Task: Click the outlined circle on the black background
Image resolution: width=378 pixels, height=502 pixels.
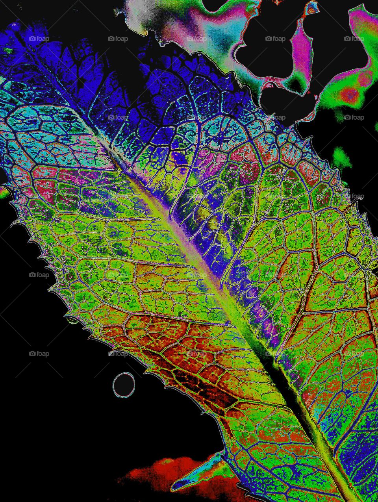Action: click(124, 384)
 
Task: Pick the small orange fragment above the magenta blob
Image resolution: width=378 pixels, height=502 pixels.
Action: click(312, 7)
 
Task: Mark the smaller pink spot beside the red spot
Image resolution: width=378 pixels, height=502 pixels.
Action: click(365, 79)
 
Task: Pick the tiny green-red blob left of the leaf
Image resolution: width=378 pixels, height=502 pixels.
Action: click(3, 192)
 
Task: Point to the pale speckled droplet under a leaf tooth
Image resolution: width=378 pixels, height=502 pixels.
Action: click(72, 320)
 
